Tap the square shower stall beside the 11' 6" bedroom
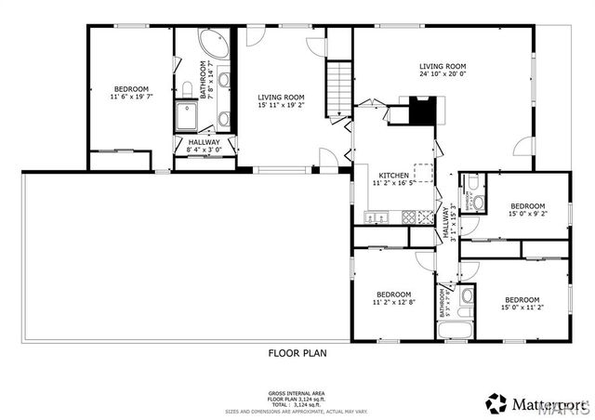(189, 116)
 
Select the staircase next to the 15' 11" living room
(340, 85)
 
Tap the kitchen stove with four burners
(425, 218)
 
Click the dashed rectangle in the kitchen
(424, 175)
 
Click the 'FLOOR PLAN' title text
(297, 353)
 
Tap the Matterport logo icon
(497, 402)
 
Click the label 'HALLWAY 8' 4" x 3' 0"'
(203, 146)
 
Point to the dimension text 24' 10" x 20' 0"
(442, 76)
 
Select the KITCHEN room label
(394, 175)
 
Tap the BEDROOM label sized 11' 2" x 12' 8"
(393, 295)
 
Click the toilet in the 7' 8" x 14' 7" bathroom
(186, 88)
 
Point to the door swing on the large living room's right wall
(526, 146)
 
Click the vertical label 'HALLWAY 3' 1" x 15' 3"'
(449, 221)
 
